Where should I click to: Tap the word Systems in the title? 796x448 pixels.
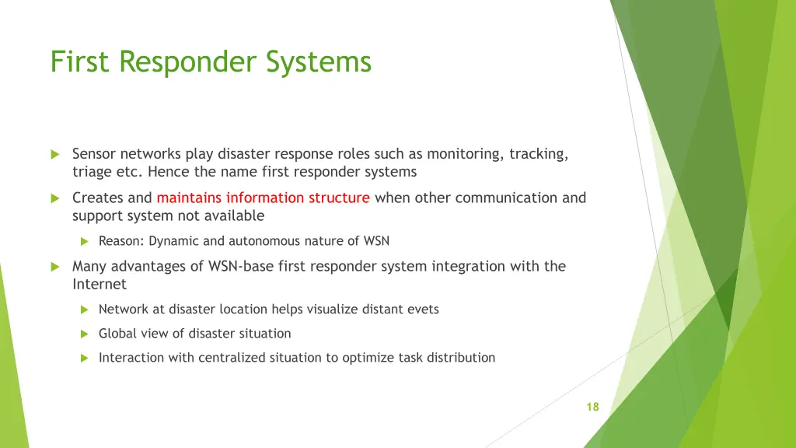coord(319,61)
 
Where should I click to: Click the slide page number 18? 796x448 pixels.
coord(592,407)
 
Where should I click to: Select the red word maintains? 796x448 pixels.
coord(189,198)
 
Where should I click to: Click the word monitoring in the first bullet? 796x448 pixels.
coord(464,154)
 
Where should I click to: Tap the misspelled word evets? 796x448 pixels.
coord(421,310)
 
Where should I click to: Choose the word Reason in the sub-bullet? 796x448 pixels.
coord(120,241)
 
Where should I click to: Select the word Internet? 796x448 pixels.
coord(99,284)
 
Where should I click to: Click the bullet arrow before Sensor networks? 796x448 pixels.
coord(55,154)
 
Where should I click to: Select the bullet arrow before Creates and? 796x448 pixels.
coord(55,198)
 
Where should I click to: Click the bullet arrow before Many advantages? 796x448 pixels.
coord(55,266)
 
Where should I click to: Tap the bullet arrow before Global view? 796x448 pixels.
coord(85,334)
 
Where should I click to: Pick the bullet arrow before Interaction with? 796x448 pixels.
coord(85,358)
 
